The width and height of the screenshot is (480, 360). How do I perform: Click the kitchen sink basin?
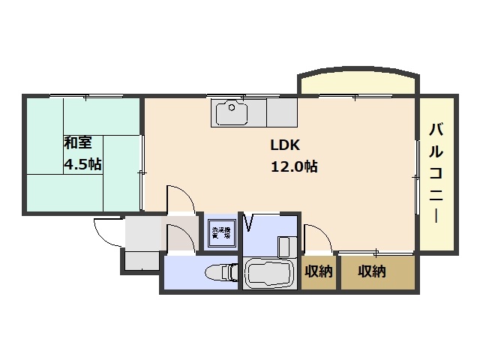point(232,113)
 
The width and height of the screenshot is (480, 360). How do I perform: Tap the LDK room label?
point(285,145)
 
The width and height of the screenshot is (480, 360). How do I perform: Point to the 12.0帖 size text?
point(293,166)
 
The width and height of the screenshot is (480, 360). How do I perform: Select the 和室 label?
point(77,142)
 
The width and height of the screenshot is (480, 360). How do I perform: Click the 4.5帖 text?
point(83,164)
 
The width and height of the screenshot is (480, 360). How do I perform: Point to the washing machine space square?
point(220,232)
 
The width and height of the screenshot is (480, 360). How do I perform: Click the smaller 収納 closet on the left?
point(319,271)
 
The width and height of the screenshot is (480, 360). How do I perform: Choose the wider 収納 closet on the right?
point(373,271)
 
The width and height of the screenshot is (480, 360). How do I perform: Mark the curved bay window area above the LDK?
point(358,82)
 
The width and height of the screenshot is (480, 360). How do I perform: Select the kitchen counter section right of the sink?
point(281,113)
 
